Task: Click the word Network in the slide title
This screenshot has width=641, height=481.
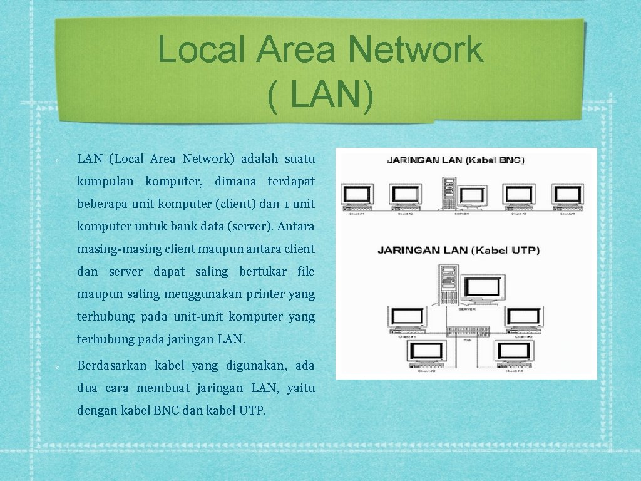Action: tap(416, 50)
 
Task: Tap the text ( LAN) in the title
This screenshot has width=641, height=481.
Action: tap(320, 97)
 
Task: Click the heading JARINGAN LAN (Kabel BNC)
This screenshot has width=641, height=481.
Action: tap(456, 160)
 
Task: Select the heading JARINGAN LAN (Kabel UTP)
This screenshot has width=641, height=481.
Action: tap(458, 251)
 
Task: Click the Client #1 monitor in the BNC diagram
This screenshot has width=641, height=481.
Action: tap(358, 195)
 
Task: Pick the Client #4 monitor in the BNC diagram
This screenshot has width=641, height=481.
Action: tap(568, 195)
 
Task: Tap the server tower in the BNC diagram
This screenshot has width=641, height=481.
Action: tap(448, 192)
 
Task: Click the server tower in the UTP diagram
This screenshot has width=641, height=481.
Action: tap(448, 285)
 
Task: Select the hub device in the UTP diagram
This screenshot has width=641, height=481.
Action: tap(467, 331)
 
